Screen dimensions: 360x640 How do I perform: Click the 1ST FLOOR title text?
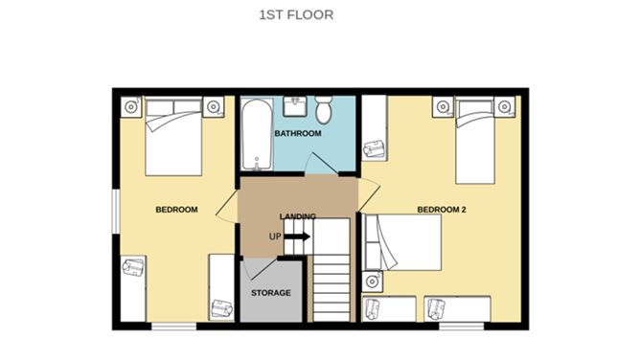click(295, 15)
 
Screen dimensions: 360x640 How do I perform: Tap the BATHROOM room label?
click(297, 133)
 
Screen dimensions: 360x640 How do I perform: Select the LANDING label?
click(297, 216)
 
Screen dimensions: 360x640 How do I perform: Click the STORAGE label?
click(270, 292)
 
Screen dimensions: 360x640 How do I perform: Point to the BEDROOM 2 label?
click(441, 209)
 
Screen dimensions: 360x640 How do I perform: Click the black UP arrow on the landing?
click(297, 236)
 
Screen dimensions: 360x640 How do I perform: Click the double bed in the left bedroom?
click(173, 139)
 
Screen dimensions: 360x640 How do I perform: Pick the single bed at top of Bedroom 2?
click(477, 139)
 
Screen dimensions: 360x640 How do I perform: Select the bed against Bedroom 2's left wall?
click(402, 242)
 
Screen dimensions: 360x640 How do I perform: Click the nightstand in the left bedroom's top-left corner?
click(130, 105)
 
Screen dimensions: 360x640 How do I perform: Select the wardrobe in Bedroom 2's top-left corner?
click(374, 129)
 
